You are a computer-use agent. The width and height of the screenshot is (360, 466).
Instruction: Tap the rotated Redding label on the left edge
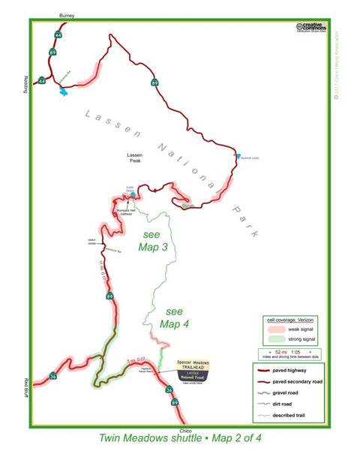(25, 85)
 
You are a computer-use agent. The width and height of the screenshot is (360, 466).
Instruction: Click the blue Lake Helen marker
(133, 194)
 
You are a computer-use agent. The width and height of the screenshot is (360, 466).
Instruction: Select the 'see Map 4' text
(174, 317)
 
